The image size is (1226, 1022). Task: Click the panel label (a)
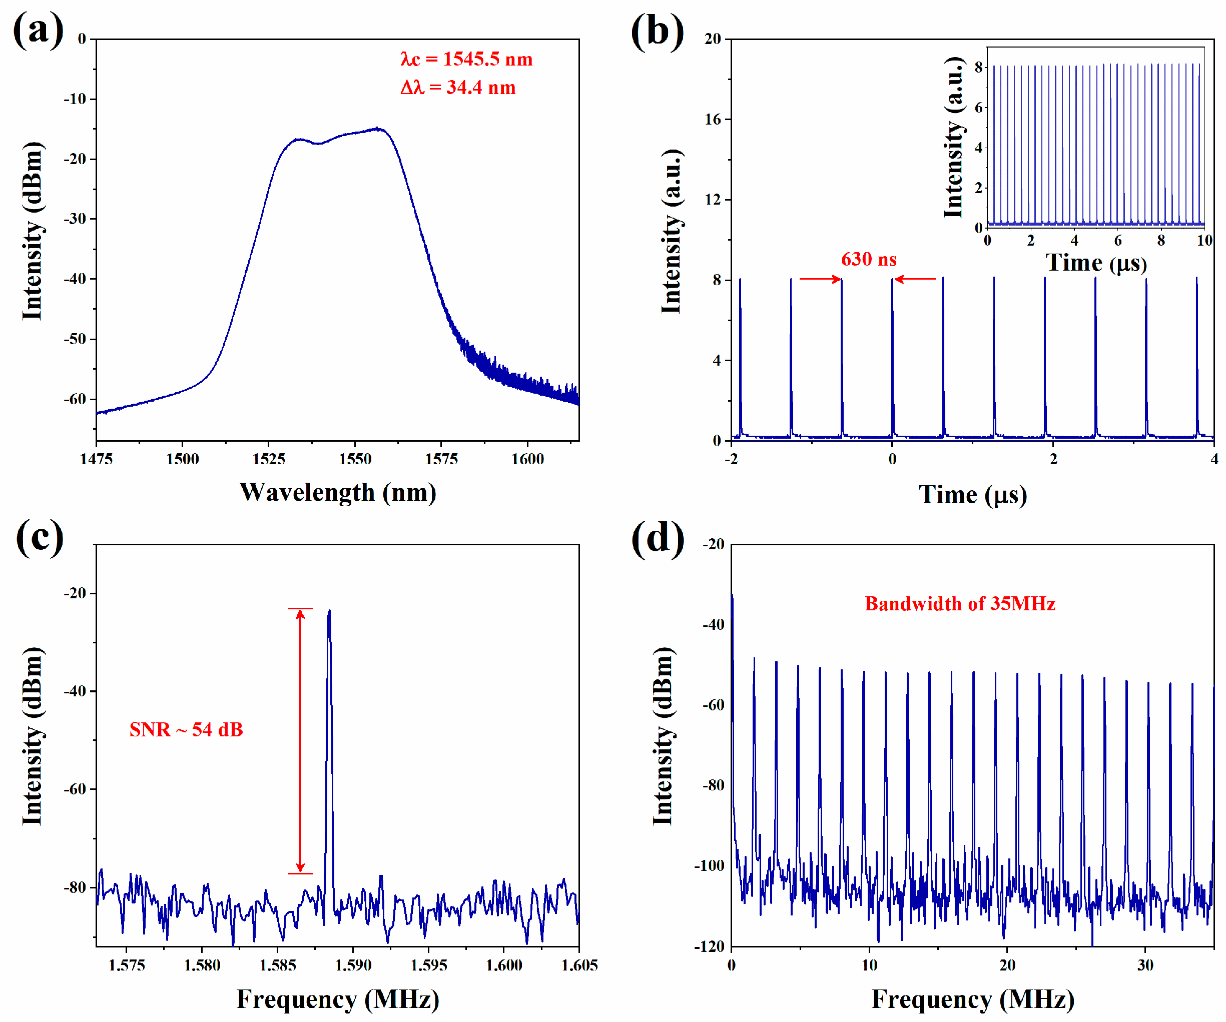point(38,31)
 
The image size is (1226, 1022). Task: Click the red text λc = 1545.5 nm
point(466,59)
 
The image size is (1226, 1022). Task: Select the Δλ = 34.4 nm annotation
point(458,88)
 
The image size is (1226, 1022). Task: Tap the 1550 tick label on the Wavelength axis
point(354,459)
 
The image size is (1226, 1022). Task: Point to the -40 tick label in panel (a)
point(75,279)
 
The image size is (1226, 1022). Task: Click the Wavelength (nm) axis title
point(337,492)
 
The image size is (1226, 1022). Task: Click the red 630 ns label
point(868,259)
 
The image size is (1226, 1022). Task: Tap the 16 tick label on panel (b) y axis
point(713,119)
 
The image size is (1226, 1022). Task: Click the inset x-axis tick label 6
point(1117,241)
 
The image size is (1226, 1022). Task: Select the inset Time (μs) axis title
point(1096,263)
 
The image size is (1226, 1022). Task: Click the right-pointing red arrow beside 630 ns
point(820,279)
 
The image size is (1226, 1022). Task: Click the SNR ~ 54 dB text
point(186,729)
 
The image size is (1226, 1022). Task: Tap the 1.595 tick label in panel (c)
point(428,965)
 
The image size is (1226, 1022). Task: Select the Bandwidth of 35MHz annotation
point(959,603)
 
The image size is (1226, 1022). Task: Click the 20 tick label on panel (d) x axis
point(1007,965)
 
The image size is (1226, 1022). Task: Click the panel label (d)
point(658,537)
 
